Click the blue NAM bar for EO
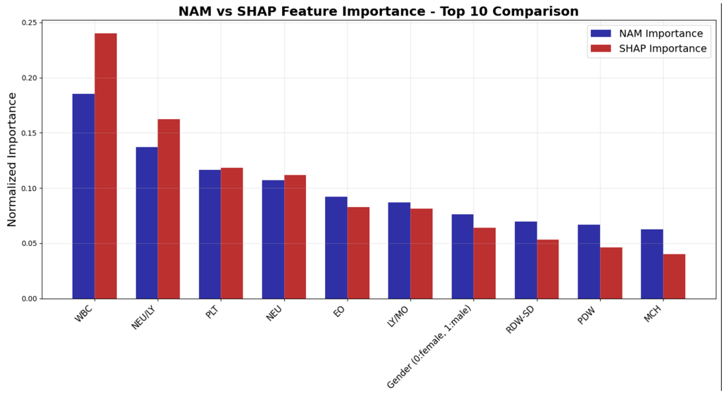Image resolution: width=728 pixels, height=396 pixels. tap(336, 247)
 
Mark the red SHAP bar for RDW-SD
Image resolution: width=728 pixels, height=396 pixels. tap(548, 269)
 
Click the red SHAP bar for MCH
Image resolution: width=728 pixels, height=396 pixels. tap(674, 276)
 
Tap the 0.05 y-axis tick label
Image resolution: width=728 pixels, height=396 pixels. tap(29, 244)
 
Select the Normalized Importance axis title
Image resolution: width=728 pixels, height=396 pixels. tap(12, 160)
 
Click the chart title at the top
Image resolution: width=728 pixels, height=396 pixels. tap(378, 12)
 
